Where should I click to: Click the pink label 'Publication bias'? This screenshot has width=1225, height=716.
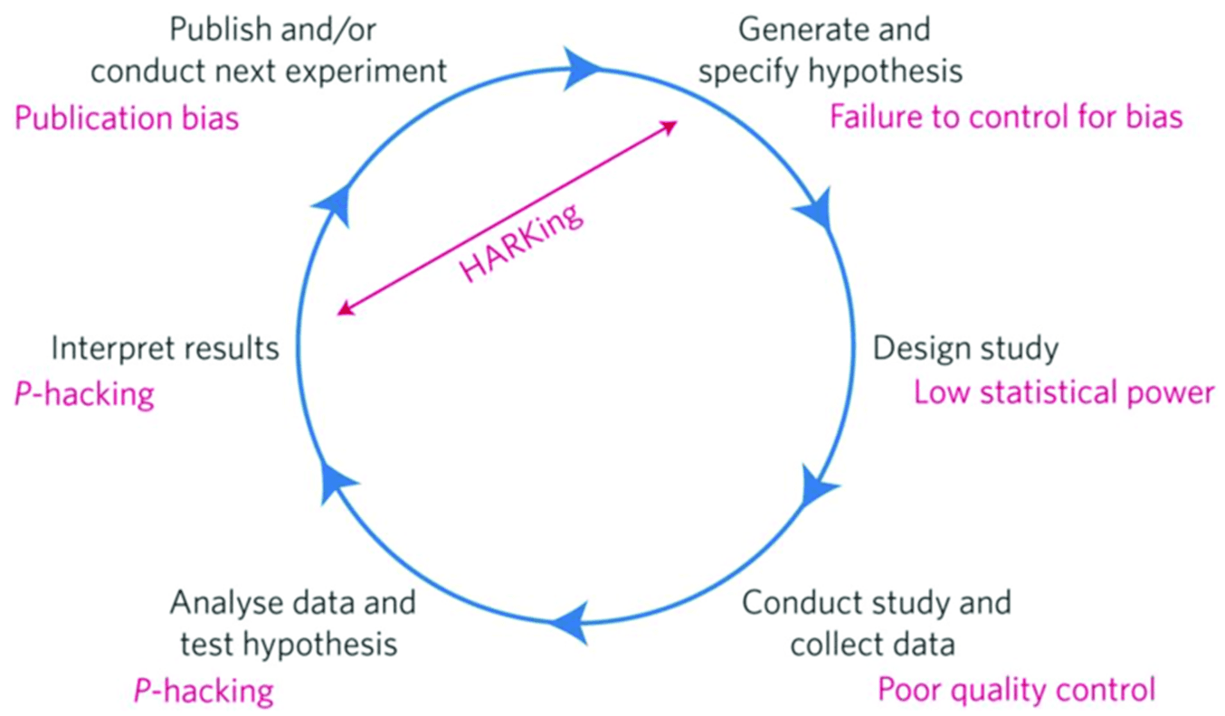pyautogui.click(x=127, y=118)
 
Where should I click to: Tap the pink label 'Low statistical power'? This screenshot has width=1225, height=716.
pyautogui.click(x=1063, y=393)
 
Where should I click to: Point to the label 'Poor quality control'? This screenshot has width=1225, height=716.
pyautogui.click(x=1016, y=690)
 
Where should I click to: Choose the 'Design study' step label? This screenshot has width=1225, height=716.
pyautogui.click(x=965, y=348)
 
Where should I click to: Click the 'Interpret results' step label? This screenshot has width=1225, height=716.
pyautogui.click(x=165, y=348)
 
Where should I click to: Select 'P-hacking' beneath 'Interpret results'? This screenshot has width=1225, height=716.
pyautogui.click(x=84, y=394)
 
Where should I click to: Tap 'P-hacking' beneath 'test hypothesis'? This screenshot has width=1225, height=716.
pyautogui.click(x=204, y=691)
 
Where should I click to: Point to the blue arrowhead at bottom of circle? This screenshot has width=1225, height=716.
pyautogui.click(x=568, y=623)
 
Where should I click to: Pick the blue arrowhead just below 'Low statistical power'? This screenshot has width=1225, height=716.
pyautogui.click(x=820, y=488)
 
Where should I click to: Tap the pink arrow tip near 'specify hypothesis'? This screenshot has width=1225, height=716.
pyautogui.click(x=671, y=126)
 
